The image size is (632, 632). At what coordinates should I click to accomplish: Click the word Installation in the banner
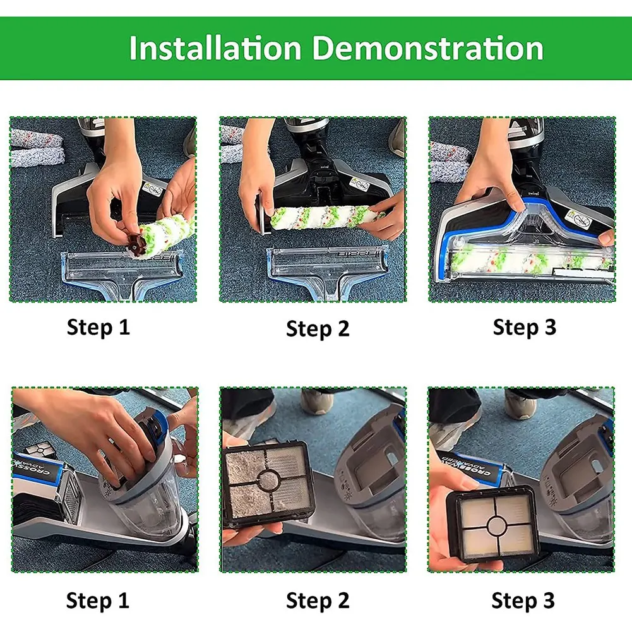click(215, 47)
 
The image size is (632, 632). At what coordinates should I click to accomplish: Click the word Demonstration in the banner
click(428, 47)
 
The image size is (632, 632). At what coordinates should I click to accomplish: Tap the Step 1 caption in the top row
click(98, 327)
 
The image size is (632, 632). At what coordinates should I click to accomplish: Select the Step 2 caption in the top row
click(318, 328)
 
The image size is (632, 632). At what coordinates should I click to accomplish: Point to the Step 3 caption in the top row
click(525, 327)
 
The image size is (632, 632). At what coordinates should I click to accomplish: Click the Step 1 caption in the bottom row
click(98, 600)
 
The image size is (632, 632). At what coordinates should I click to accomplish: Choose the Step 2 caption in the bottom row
click(318, 600)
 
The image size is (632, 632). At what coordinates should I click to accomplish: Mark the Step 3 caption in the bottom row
click(523, 600)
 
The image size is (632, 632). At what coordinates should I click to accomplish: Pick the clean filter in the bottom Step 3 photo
click(492, 525)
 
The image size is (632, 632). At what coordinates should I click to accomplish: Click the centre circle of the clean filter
click(496, 525)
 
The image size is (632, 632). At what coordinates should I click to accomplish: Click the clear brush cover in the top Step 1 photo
click(121, 274)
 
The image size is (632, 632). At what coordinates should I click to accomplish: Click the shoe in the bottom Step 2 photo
click(317, 402)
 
